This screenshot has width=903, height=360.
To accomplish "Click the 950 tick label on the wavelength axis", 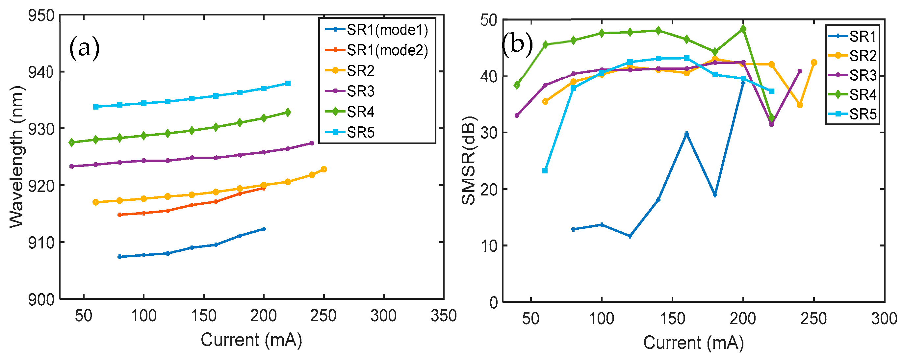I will click(41, 16).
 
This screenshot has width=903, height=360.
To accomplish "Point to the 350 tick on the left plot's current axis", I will click(444, 316).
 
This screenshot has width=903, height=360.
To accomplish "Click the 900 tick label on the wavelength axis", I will click(41, 300).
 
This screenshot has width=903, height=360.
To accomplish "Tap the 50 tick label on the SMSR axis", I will click(489, 20).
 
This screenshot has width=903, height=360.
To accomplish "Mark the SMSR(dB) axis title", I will click(468, 161).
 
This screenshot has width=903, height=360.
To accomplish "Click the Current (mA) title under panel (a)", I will click(251, 340).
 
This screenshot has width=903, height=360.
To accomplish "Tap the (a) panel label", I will click(85, 48).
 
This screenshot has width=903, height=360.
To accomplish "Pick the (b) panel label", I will click(517, 44).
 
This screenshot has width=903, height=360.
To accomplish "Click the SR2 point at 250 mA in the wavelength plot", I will click(324, 169).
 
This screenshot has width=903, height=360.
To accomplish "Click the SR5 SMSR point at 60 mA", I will click(545, 171).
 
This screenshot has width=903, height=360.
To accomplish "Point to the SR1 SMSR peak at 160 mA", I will click(687, 134).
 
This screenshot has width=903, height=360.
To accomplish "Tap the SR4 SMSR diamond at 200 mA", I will click(743, 29).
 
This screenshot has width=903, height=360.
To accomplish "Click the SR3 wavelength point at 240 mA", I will click(312, 143).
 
